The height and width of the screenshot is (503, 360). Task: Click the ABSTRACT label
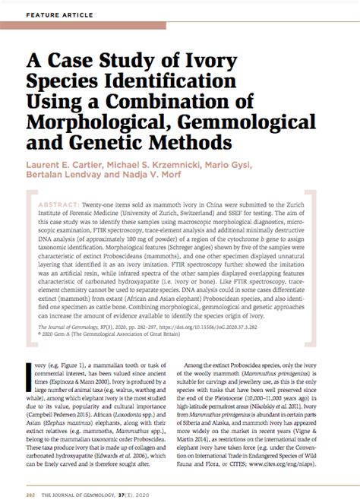57,207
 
